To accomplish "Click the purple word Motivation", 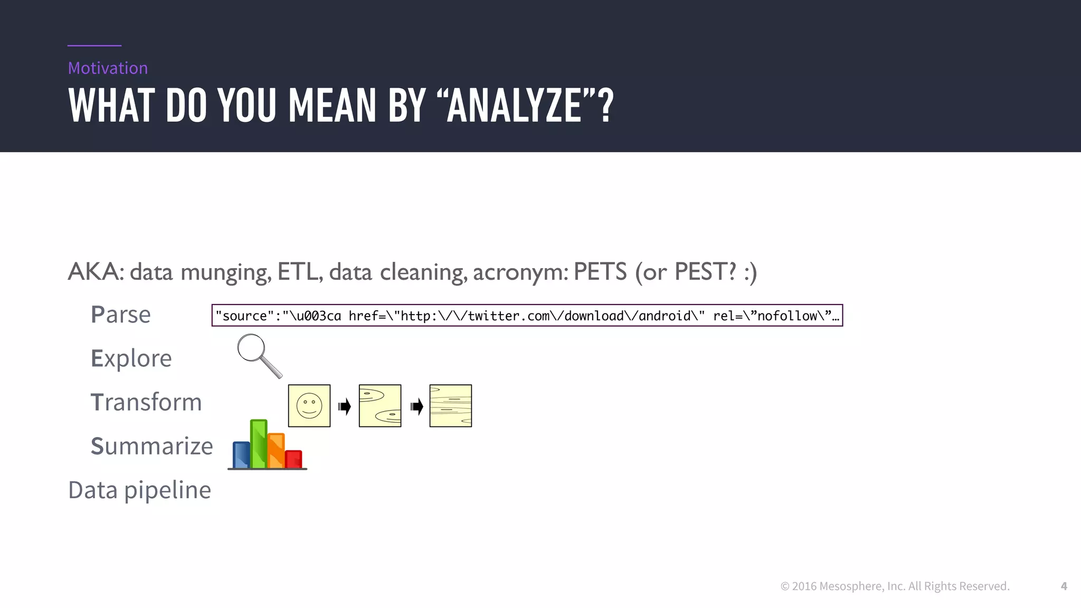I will click(x=108, y=68).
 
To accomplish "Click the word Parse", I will click(x=121, y=315).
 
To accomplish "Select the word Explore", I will click(x=131, y=358).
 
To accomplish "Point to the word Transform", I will click(x=146, y=402).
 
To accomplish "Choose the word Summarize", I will click(x=152, y=446).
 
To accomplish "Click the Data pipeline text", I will click(x=140, y=490).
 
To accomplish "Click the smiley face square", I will click(x=309, y=406).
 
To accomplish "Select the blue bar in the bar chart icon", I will click(x=241, y=455).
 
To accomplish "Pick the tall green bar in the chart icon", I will click(x=259, y=444).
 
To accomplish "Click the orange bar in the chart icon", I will click(x=276, y=451).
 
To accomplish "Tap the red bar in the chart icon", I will click(x=293, y=459).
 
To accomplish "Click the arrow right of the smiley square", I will click(x=345, y=406).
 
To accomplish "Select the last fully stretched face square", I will click(x=451, y=406).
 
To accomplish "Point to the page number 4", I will click(x=1064, y=586).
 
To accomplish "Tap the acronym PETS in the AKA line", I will click(x=600, y=272).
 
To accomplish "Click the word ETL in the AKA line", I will click(x=299, y=272).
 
